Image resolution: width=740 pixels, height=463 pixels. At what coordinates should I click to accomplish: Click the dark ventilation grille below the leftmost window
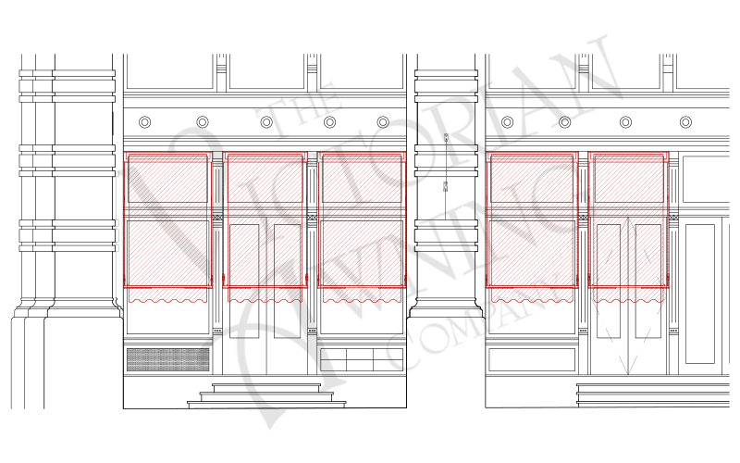point(168,359)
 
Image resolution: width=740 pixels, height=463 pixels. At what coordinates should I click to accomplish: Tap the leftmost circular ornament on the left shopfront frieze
point(145,122)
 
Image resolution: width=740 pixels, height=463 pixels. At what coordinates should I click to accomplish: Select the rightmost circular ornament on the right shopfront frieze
point(685,122)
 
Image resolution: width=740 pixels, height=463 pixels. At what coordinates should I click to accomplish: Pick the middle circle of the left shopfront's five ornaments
point(266,122)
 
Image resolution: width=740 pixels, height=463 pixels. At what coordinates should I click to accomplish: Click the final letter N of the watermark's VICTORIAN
point(586,76)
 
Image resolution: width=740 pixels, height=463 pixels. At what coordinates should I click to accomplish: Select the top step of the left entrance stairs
point(266,387)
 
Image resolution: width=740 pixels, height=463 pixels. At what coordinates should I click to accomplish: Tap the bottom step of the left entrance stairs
point(266,405)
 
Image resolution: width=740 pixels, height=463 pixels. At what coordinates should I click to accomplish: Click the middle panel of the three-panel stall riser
point(360,359)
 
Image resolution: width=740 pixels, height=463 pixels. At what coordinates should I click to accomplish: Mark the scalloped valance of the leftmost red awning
point(168,294)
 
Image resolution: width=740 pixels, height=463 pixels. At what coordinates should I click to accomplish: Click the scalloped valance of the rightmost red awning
point(629,294)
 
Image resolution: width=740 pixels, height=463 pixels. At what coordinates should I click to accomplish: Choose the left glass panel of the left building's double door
point(244,282)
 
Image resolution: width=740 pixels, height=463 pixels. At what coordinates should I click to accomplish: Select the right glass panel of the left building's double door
point(288,282)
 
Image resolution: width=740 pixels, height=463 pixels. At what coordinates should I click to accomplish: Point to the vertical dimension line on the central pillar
point(446,176)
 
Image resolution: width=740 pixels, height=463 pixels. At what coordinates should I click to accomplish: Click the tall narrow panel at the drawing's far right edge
point(700,294)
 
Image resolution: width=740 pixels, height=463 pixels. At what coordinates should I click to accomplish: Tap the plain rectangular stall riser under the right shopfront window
point(532,359)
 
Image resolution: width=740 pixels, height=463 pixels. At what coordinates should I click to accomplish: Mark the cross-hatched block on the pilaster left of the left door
point(217,218)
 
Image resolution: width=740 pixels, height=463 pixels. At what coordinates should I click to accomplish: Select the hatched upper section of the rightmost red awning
point(629,180)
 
